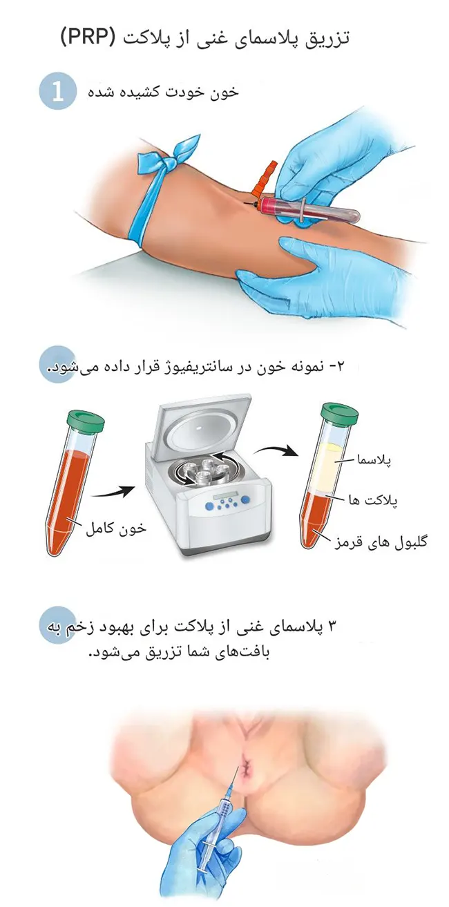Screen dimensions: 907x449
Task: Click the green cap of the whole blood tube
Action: (x=86, y=420)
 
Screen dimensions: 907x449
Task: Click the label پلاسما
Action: (x=372, y=459)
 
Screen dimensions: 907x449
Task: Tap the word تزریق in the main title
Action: (x=330, y=37)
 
